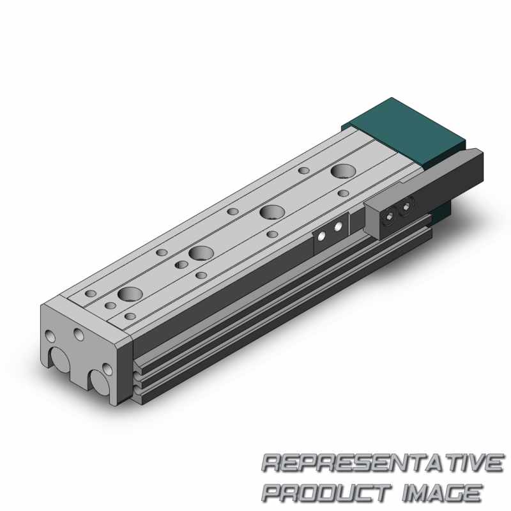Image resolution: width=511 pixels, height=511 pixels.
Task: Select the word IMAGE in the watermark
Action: [x=441, y=492]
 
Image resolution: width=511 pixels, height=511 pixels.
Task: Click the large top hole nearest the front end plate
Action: [x=130, y=294]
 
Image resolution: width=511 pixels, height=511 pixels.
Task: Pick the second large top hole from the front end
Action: [x=201, y=253]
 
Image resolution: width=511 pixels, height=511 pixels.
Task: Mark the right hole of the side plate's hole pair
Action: [x=339, y=227]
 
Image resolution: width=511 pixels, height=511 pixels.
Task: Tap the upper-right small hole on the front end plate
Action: [x=79, y=333]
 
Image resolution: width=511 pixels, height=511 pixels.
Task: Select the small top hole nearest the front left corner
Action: [x=91, y=293]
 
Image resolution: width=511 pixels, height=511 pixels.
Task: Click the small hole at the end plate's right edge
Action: [x=108, y=369]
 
